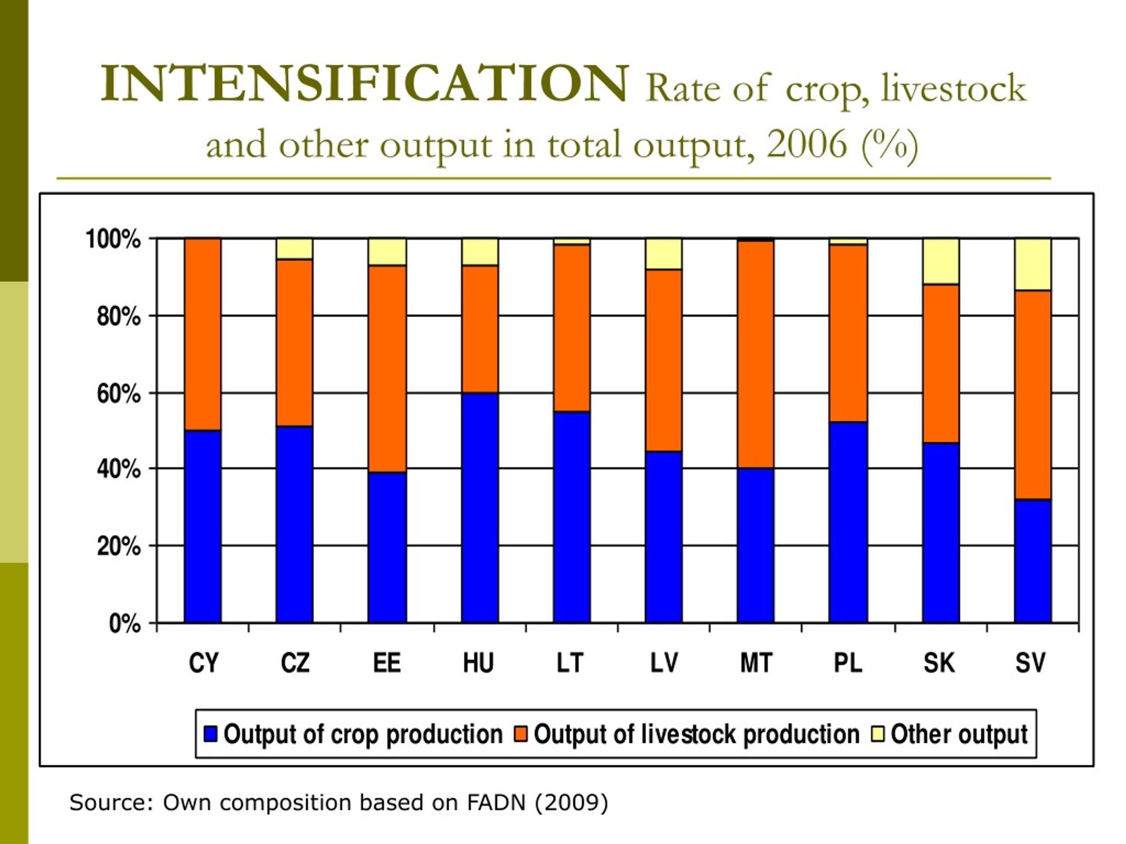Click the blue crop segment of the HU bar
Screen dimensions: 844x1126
click(x=479, y=508)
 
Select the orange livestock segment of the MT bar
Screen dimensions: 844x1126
click(x=755, y=354)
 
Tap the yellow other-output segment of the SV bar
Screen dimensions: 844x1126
click(x=1033, y=265)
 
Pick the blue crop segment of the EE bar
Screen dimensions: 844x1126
click(x=387, y=547)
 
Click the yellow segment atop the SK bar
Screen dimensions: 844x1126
click(x=941, y=262)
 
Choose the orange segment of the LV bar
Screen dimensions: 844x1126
click(x=663, y=360)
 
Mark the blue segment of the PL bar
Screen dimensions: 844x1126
click(x=848, y=522)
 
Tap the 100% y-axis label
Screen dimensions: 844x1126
click(x=113, y=239)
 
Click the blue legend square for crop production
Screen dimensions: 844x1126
click(x=210, y=734)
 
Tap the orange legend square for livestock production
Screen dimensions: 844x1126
click(x=521, y=734)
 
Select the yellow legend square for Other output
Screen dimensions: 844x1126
click(x=878, y=734)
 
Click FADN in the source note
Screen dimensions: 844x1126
click(x=496, y=803)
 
